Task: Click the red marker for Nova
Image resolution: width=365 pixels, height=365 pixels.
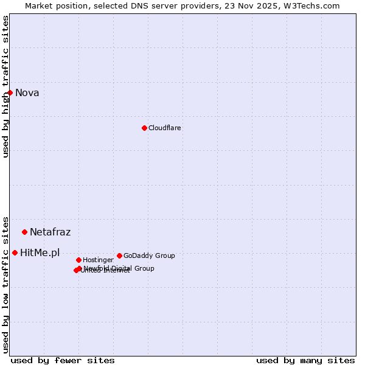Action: click(x=10, y=92)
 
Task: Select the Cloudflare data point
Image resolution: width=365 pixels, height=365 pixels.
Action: click(x=144, y=128)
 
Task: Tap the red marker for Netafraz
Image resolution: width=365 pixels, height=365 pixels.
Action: click(x=25, y=232)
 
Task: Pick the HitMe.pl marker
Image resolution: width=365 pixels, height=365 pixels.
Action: click(x=15, y=252)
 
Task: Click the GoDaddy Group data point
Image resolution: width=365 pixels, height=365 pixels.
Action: click(x=119, y=255)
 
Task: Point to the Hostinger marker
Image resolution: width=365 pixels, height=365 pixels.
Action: click(x=78, y=260)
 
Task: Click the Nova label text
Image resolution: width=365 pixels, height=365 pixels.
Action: click(x=27, y=93)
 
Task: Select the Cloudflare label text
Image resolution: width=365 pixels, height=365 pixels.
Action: click(x=165, y=128)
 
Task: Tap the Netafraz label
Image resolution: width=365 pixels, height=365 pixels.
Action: click(x=50, y=232)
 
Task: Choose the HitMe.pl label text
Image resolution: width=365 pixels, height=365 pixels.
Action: click(x=40, y=253)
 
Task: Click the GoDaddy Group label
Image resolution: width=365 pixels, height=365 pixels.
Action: click(x=149, y=256)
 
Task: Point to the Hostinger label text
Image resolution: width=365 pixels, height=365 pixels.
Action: click(x=98, y=260)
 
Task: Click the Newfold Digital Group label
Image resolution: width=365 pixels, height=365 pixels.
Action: click(x=119, y=268)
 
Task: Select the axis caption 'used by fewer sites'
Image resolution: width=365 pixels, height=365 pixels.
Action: click(x=63, y=360)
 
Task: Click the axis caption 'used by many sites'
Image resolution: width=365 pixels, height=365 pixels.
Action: click(x=305, y=360)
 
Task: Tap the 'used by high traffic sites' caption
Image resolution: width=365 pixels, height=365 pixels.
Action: click(x=6, y=86)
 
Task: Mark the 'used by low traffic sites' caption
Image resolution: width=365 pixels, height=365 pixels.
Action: click(x=6, y=284)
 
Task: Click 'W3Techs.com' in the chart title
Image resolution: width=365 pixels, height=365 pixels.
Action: click(x=310, y=6)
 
